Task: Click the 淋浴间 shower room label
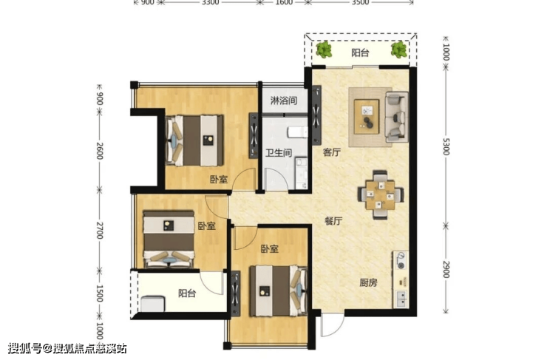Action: point(284,101)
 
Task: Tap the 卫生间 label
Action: point(279,153)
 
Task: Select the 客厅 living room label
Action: point(332,152)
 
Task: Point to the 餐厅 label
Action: point(333,221)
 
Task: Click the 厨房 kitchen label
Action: point(368,282)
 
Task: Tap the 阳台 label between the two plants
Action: point(361,52)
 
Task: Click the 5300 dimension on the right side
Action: point(446,146)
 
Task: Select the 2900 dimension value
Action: point(446,269)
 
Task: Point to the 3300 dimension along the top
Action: point(211,2)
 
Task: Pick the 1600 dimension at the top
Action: point(284,2)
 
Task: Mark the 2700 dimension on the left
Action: point(100,230)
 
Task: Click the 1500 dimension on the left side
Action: point(100,293)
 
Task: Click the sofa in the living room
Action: point(397,117)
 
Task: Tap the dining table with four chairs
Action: point(380,195)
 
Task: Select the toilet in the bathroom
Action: point(297,132)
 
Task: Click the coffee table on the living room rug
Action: point(367,117)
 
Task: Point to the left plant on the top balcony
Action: point(324,50)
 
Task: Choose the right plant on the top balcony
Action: point(398,50)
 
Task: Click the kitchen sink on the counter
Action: point(401,299)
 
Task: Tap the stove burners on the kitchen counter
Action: point(401,261)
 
